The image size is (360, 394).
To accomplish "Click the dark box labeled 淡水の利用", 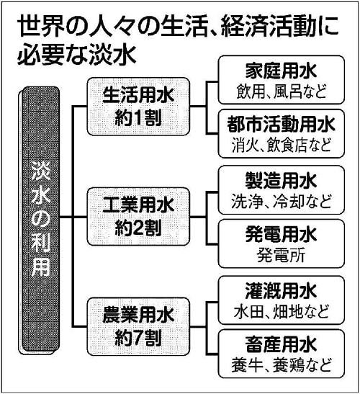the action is point(40,220).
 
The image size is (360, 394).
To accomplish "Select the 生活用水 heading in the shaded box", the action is point(138,95).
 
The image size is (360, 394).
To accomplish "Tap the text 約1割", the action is point(138,118).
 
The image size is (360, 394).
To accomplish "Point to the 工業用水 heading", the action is point(138,205).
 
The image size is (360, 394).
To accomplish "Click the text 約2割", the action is point(138,228).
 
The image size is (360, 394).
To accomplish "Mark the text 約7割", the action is point(138,338).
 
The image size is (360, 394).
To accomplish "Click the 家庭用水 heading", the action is point(281,71).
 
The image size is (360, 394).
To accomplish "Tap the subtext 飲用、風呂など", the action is point(282,91).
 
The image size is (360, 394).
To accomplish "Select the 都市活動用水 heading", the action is point(281,124).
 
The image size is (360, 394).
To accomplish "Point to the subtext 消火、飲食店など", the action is point(281,145).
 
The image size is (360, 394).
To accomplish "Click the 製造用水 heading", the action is point(281,180).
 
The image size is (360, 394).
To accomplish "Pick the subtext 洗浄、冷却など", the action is point(281,201).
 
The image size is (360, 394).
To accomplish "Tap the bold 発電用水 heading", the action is point(281,234).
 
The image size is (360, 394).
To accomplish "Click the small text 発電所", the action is point(281,255).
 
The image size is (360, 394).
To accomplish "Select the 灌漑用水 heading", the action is point(281,291).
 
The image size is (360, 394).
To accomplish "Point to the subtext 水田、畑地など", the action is point(281,311).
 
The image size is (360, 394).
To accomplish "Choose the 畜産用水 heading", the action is point(281,344).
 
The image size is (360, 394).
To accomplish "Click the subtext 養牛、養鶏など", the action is point(281,365).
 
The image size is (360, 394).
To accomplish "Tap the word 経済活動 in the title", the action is point(268,27).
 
